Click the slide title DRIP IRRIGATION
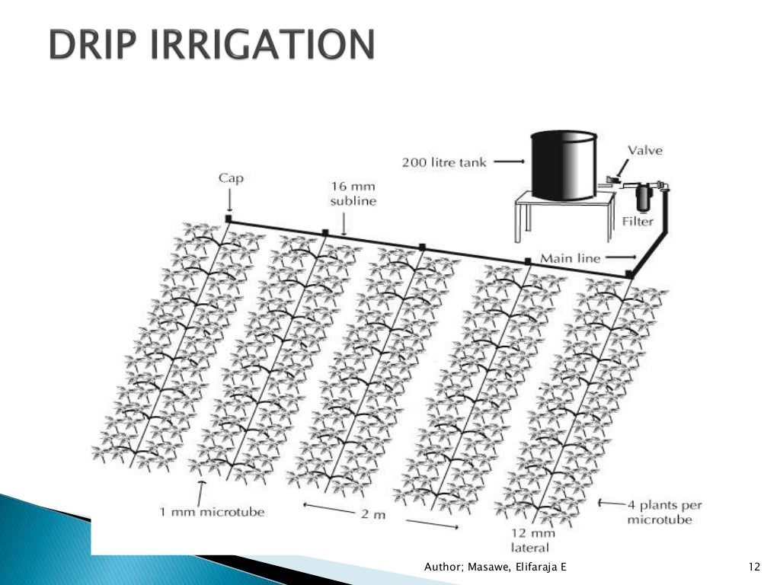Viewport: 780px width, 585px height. click(212, 46)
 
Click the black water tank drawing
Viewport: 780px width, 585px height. click(563, 165)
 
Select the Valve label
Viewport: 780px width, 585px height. click(644, 150)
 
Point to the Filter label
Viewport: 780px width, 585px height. click(637, 222)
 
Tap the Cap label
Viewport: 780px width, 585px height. click(229, 177)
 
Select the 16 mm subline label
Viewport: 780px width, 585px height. click(353, 193)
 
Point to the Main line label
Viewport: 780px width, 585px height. click(570, 258)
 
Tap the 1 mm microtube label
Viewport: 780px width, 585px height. click(212, 512)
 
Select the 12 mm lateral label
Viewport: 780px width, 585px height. click(531, 540)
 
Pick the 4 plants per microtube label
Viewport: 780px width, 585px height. click(664, 512)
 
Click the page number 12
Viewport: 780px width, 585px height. click(755, 567)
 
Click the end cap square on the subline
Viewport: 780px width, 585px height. click(228, 219)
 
